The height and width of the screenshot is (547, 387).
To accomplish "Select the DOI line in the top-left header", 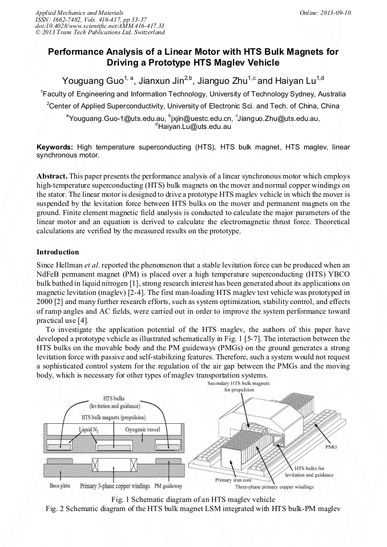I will [100, 26].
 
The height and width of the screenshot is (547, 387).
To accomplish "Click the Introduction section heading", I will [58, 252].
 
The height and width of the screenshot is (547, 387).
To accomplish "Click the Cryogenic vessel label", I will [144, 428].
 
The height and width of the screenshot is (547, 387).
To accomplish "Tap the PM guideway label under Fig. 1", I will [168, 486].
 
